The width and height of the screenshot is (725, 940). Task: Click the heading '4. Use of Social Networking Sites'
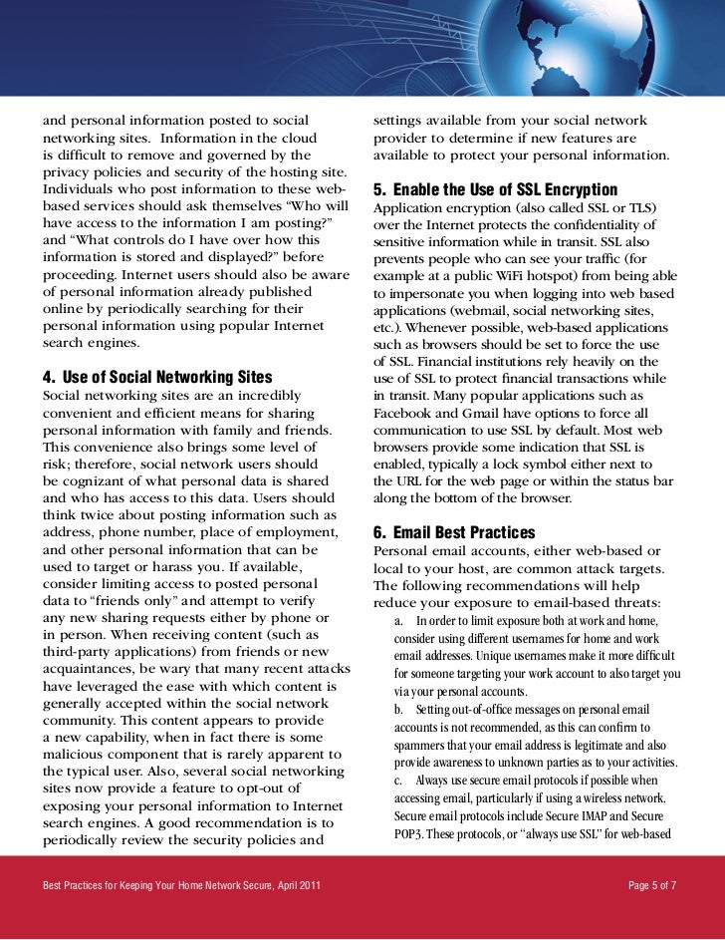point(157,378)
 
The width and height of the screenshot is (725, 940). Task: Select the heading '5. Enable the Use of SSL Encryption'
point(495,190)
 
